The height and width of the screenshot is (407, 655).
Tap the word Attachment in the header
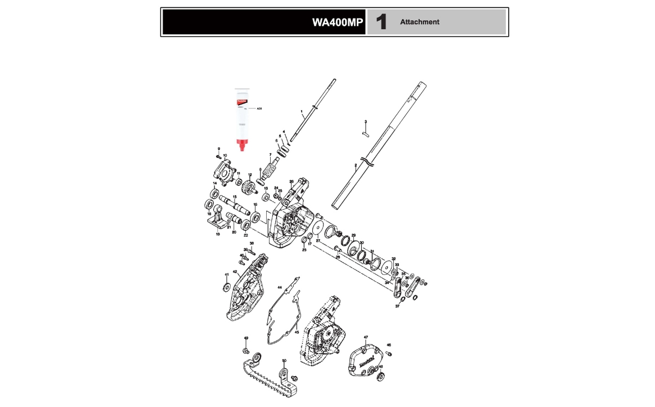(x=419, y=22)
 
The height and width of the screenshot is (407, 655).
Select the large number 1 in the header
(x=382, y=22)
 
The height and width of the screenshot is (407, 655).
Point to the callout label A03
(x=259, y=108)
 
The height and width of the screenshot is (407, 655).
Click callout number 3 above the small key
(x=365, y=121)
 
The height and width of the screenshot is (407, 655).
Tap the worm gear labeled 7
(x=273, y=167)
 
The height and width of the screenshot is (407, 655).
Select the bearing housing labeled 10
(x=223, y=171)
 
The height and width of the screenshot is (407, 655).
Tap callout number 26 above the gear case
(x=291, y=181)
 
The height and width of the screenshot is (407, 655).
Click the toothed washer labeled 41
(x=225, y=288)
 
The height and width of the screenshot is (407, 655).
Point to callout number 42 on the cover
(x=235, y=272)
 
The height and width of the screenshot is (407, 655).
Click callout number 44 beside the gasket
(x=279, y=287)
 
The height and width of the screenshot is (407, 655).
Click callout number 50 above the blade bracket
(x=284, y=360)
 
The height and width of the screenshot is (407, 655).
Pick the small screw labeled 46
(x=388, y=353)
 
